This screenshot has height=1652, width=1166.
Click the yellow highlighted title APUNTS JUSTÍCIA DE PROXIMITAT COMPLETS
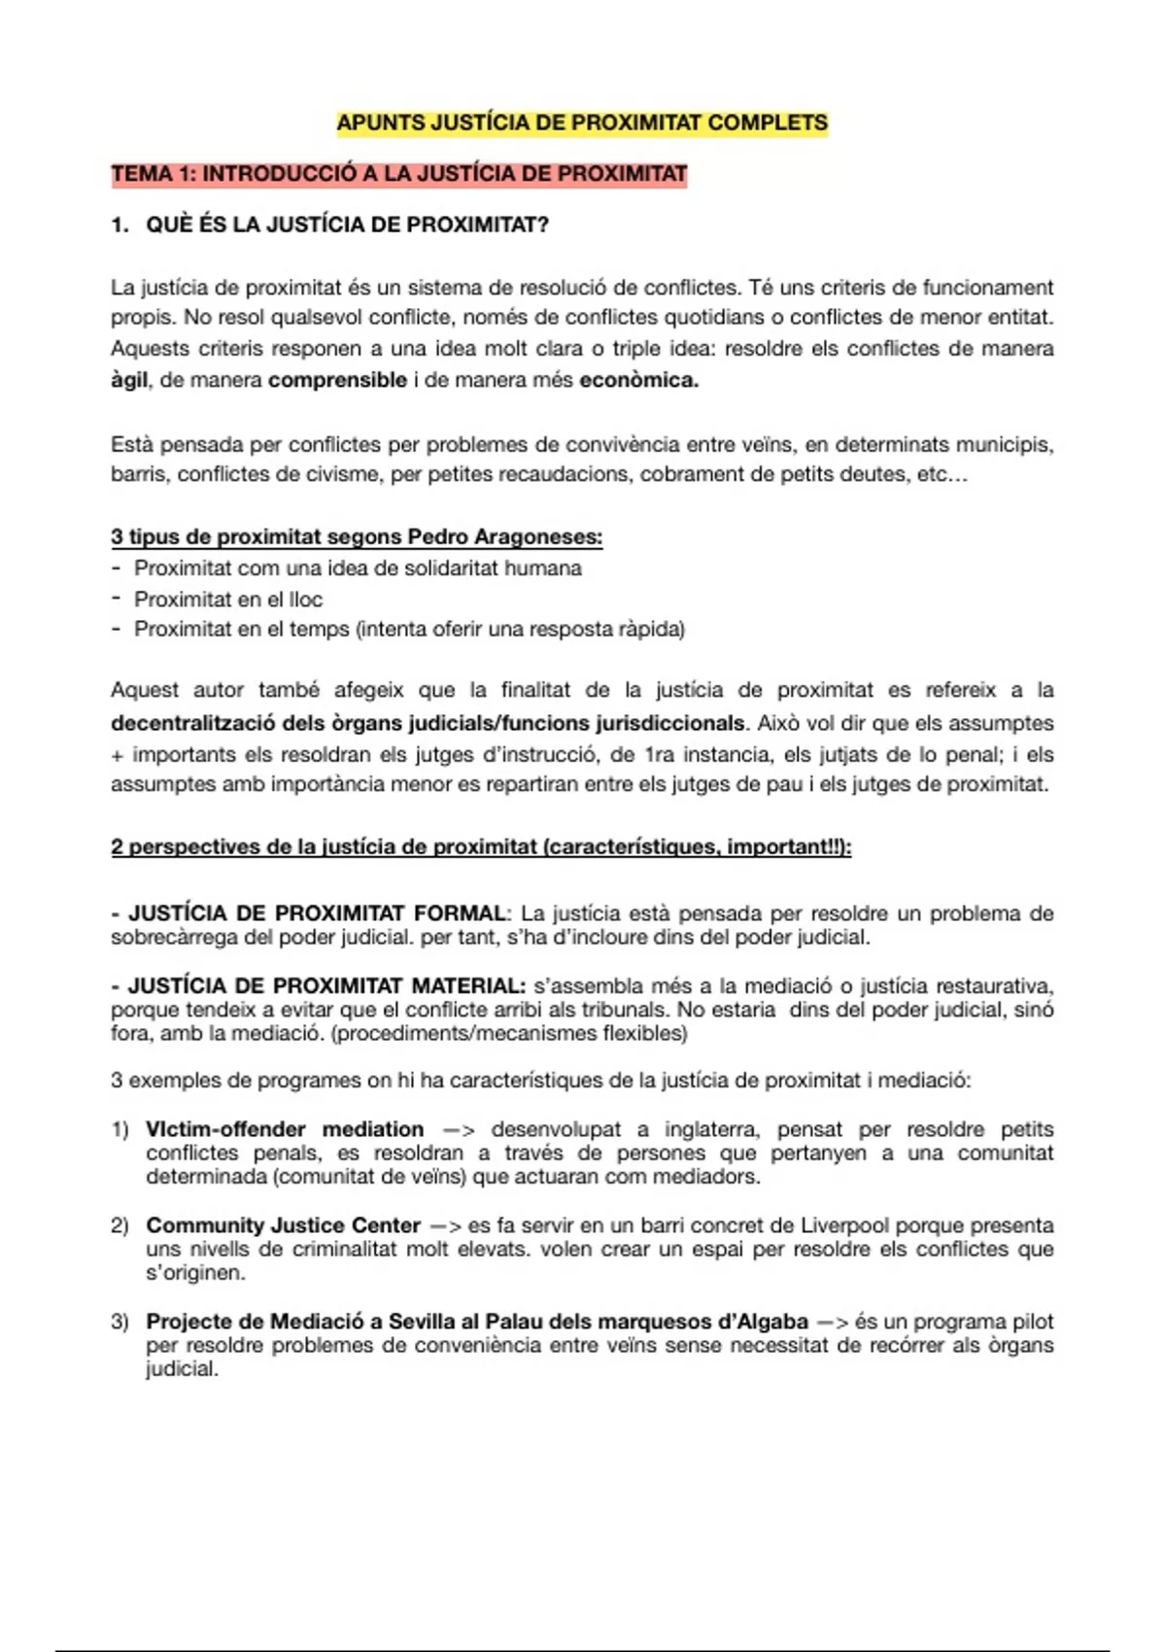point(582,123)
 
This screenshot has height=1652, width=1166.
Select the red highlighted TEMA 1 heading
point(398,175)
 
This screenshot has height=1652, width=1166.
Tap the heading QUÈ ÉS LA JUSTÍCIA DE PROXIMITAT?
point(347,225)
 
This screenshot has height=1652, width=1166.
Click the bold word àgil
point(128,380)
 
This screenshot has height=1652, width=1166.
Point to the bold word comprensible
point(337,380)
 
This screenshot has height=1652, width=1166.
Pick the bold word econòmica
point(638,380)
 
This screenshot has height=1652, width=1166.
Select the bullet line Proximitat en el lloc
point(227,600)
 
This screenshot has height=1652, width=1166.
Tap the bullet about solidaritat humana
point(358,568)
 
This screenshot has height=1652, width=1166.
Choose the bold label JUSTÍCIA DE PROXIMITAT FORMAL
point(317,913)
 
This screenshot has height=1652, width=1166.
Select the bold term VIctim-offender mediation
point(285,1129)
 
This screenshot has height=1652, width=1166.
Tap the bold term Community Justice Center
point(283,1225)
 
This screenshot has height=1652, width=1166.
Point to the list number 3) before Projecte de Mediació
point(120,1322)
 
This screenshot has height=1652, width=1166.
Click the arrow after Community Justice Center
point(443,1226)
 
